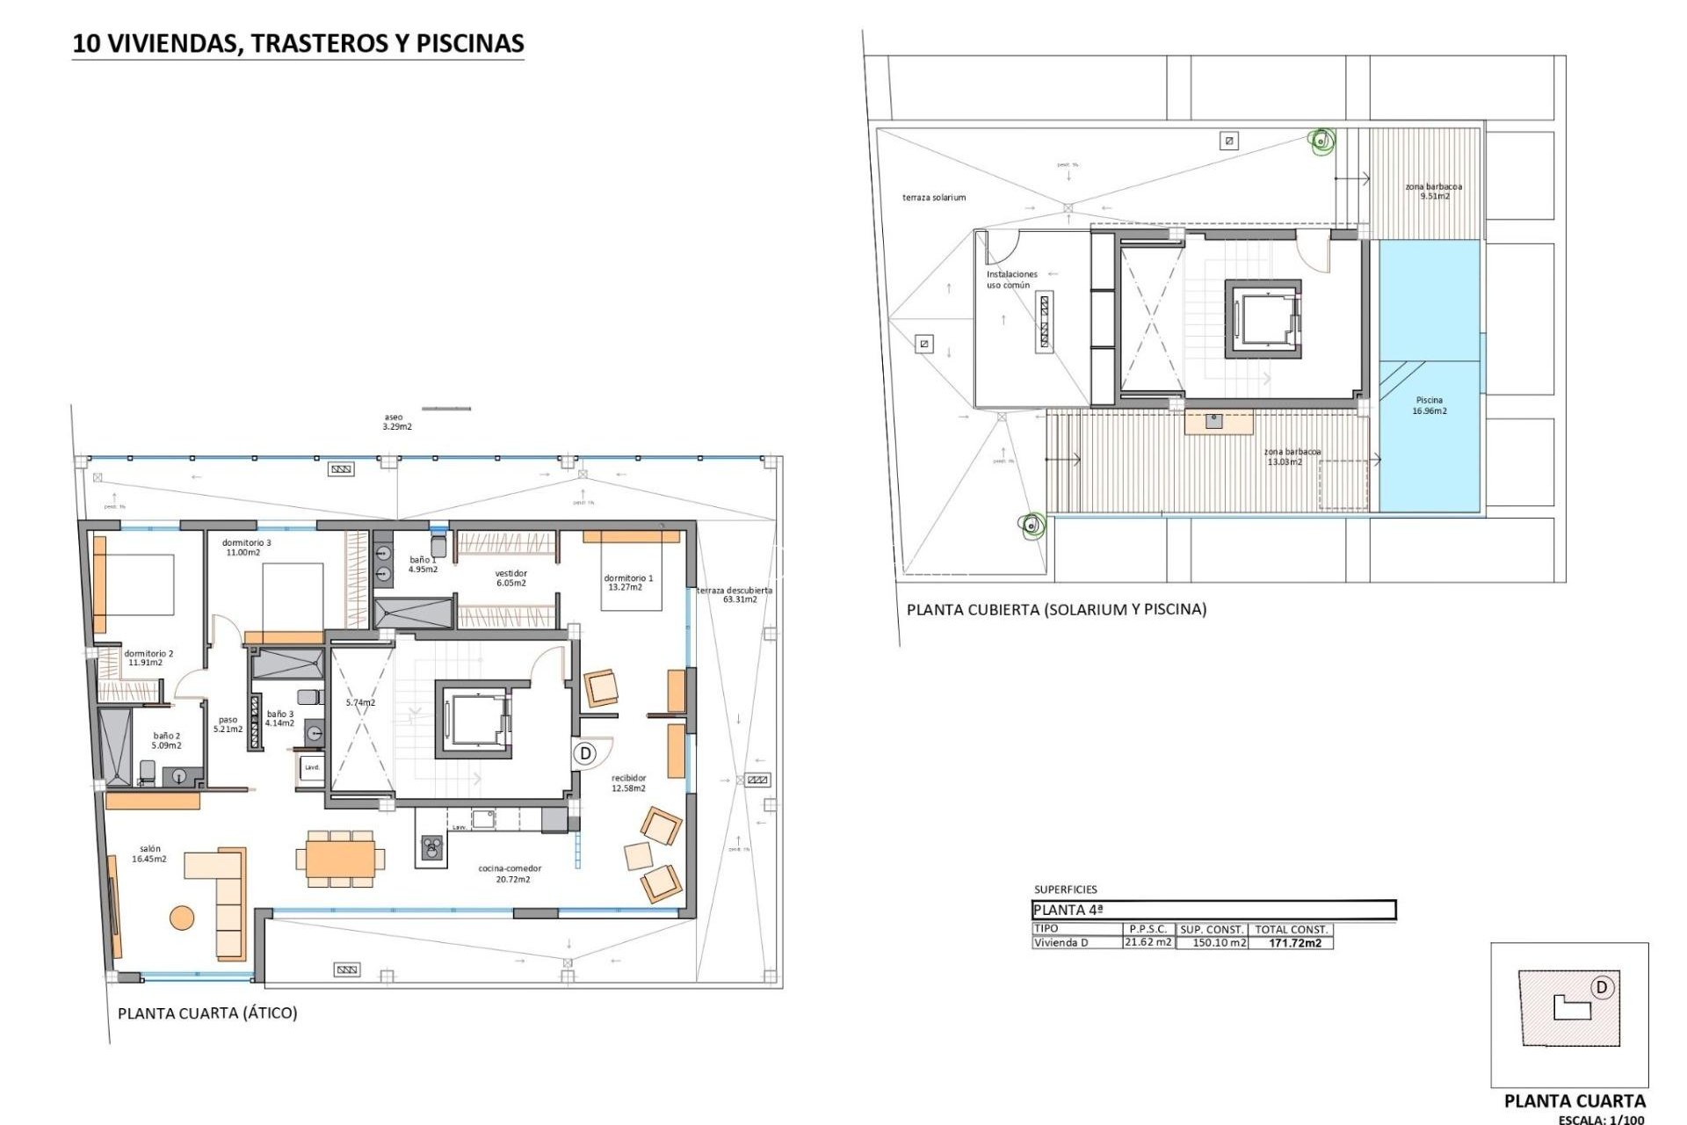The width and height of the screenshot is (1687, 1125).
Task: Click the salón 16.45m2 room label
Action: pos(148,854)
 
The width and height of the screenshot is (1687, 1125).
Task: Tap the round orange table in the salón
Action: pos(182,918)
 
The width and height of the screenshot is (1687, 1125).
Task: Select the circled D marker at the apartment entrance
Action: pos(585,753)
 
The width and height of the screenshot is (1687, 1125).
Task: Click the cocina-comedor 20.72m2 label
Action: pos(510,874)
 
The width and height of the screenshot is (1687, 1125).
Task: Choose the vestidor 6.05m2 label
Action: pos(510,577)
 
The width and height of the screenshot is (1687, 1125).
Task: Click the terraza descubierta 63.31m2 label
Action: pos(735,595)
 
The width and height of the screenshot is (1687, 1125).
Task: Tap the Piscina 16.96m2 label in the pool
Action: pos(1429,405)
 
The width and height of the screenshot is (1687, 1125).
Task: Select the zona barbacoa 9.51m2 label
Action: pos(1433,191)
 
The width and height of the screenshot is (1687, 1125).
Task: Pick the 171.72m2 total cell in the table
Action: pos(1294,943)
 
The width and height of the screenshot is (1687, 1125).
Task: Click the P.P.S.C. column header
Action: pos(1148,929)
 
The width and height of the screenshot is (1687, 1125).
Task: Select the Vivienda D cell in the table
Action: pos(1061,943)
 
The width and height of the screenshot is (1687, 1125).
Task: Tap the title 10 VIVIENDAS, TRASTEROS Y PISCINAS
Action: pos(298,43)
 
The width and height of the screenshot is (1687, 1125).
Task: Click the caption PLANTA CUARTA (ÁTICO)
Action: pos(207,1012)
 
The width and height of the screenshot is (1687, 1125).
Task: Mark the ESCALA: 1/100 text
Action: pos(1601,1120)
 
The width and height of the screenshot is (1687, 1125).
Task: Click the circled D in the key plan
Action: pos(1601,987)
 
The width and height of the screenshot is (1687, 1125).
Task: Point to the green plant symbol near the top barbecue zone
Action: pos(1320,140)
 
